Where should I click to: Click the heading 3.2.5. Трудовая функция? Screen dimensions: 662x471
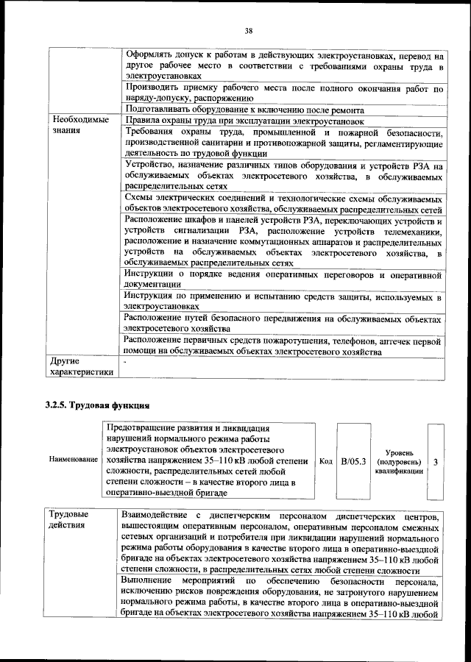(98, 405)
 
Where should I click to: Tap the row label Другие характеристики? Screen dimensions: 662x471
(81, 367)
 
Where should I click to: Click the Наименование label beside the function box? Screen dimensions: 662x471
(74, 460)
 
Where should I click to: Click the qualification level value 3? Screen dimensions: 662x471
(436, 461)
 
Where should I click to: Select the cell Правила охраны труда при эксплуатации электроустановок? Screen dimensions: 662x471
(245, 120)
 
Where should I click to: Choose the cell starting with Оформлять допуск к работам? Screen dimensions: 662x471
(283, 65)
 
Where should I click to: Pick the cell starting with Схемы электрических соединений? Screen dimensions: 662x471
(283, 204)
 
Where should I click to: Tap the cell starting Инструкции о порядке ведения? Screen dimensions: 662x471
(283, 279)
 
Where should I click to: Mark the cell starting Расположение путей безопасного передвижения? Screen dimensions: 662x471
(283, 325)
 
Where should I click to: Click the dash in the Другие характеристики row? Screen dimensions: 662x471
(126, 363)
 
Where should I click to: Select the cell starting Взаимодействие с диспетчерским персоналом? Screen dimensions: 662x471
(283, 542)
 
